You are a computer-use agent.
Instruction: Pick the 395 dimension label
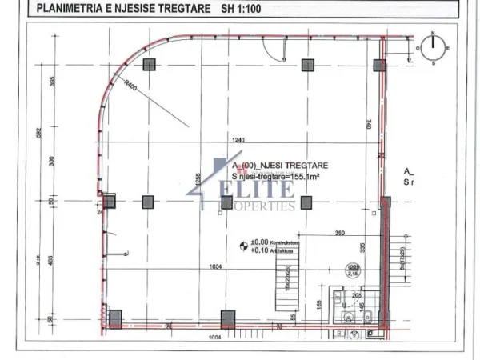tap(51, 82)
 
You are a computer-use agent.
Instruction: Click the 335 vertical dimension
tap(362, 250)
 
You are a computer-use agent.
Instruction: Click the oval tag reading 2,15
tap(351, 272)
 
